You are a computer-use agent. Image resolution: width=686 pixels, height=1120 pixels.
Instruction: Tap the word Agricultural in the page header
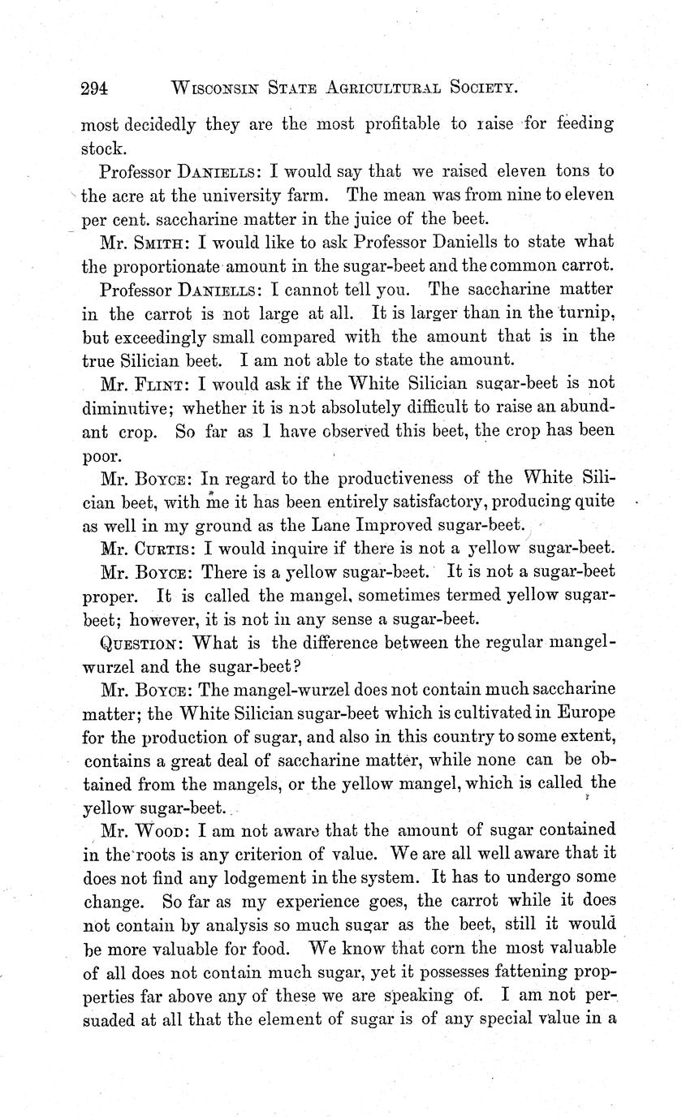tap(382, 88)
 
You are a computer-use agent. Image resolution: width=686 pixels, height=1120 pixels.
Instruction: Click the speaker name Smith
tap(163, 243)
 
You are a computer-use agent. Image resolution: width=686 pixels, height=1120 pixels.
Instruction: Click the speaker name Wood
tap(162, 830)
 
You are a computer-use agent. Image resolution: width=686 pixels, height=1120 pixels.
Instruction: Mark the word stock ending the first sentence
tap(103, 149)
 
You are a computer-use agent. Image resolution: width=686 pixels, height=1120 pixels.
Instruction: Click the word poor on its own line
tap(101, 455)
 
